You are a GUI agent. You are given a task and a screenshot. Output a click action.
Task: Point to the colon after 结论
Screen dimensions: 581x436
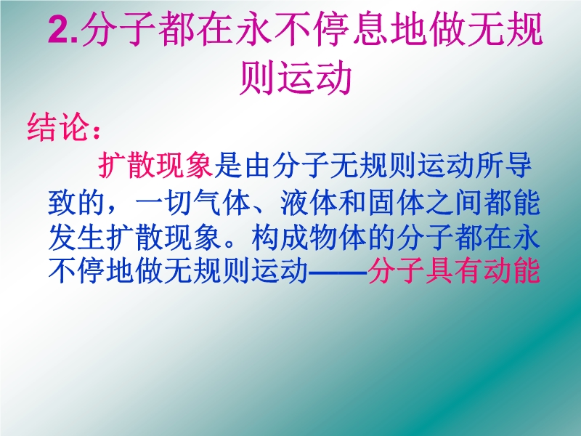tap(97, 132)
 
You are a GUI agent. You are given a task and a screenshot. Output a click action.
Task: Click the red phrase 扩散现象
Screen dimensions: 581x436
tap(155, 166)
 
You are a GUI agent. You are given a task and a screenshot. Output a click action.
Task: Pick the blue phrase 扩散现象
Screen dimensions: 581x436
tap(164, 238)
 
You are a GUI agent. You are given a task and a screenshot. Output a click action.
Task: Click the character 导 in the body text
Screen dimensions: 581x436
tap(518, 166)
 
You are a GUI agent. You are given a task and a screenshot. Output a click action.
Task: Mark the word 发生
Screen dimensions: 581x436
tap(77, 238)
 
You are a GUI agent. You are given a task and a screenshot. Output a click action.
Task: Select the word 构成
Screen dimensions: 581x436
tap(280, 238)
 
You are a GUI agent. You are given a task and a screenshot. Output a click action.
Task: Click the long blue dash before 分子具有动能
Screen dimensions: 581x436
tap(338, 273)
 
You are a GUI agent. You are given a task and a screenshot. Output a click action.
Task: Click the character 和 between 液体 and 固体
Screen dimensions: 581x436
tap(353, 203)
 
